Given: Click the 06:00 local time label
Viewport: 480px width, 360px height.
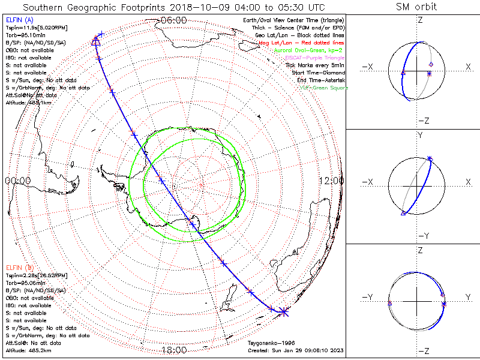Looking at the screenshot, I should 174,20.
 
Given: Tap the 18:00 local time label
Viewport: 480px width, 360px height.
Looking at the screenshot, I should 174,350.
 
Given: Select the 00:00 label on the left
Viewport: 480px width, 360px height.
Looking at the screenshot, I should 17,180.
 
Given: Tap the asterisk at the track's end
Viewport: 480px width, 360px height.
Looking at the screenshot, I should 284,310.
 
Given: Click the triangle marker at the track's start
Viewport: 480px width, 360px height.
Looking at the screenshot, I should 95,41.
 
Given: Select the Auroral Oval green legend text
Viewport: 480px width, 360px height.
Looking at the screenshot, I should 309,51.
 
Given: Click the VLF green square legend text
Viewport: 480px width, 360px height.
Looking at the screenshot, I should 323,88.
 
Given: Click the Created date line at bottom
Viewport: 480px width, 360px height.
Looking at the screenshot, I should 296,350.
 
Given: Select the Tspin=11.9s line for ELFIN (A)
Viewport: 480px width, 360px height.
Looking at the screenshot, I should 37,28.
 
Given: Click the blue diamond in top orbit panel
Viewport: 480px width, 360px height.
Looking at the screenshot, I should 430,64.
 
